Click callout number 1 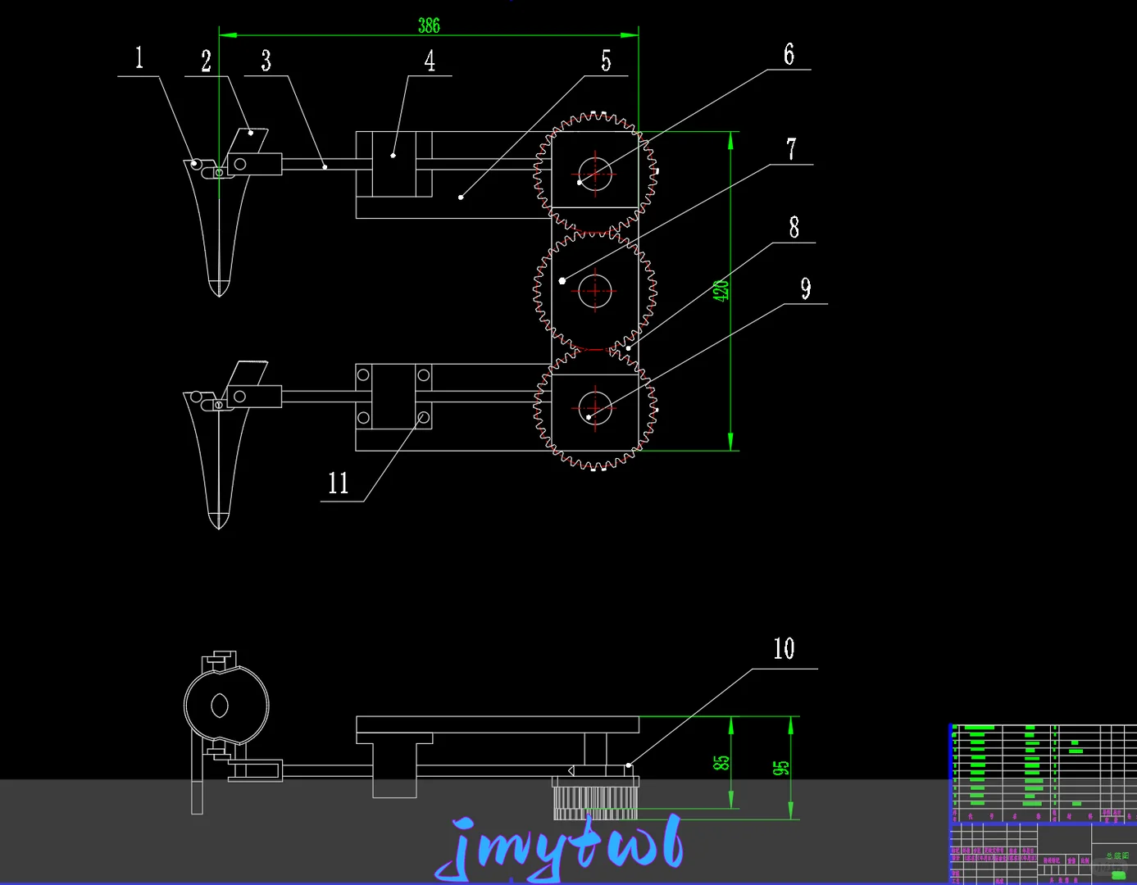click(x=139, y=58)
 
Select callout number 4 click(x=430, y=61)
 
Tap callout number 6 click(x=789, y=55)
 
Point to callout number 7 click(x=791, y=149)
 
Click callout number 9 click(x=806, y=288)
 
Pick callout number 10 click(x=784, y=649)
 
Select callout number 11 click(x=338, y=483)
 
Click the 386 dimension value click(x=429, y=25)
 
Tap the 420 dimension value click(x=721, y=291)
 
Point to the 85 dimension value click(x=721, y=763)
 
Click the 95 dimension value click(x=780, y=768)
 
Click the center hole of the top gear click(x=595, y=174)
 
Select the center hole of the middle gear click(x=595, y=291)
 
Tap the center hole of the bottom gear click(x=595, y=407)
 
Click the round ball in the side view click(x=226, y=706)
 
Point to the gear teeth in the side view click(x=595, y=802)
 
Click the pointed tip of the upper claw click(x=219, y=293)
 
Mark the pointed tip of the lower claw click(x=219, y=525)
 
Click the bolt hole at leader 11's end click(x=424, y=418)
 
